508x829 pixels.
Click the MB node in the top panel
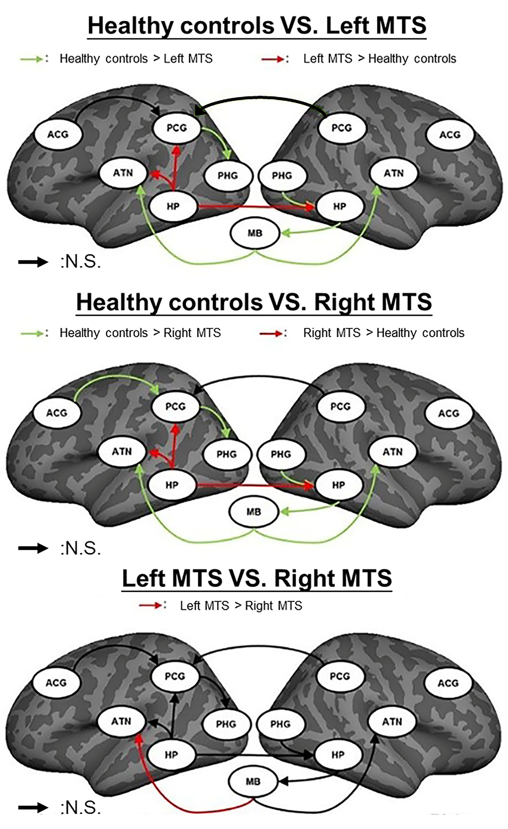point(255,233)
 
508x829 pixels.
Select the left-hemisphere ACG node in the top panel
point(58,135)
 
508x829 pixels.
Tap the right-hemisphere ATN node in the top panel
point(393,173)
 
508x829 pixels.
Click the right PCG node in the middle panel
point(341,406)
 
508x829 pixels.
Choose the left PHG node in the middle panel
point(227,454)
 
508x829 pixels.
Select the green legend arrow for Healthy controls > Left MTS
point(32,59)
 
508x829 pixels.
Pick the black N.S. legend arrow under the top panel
point(33,262)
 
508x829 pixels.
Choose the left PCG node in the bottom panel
point(175,676)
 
